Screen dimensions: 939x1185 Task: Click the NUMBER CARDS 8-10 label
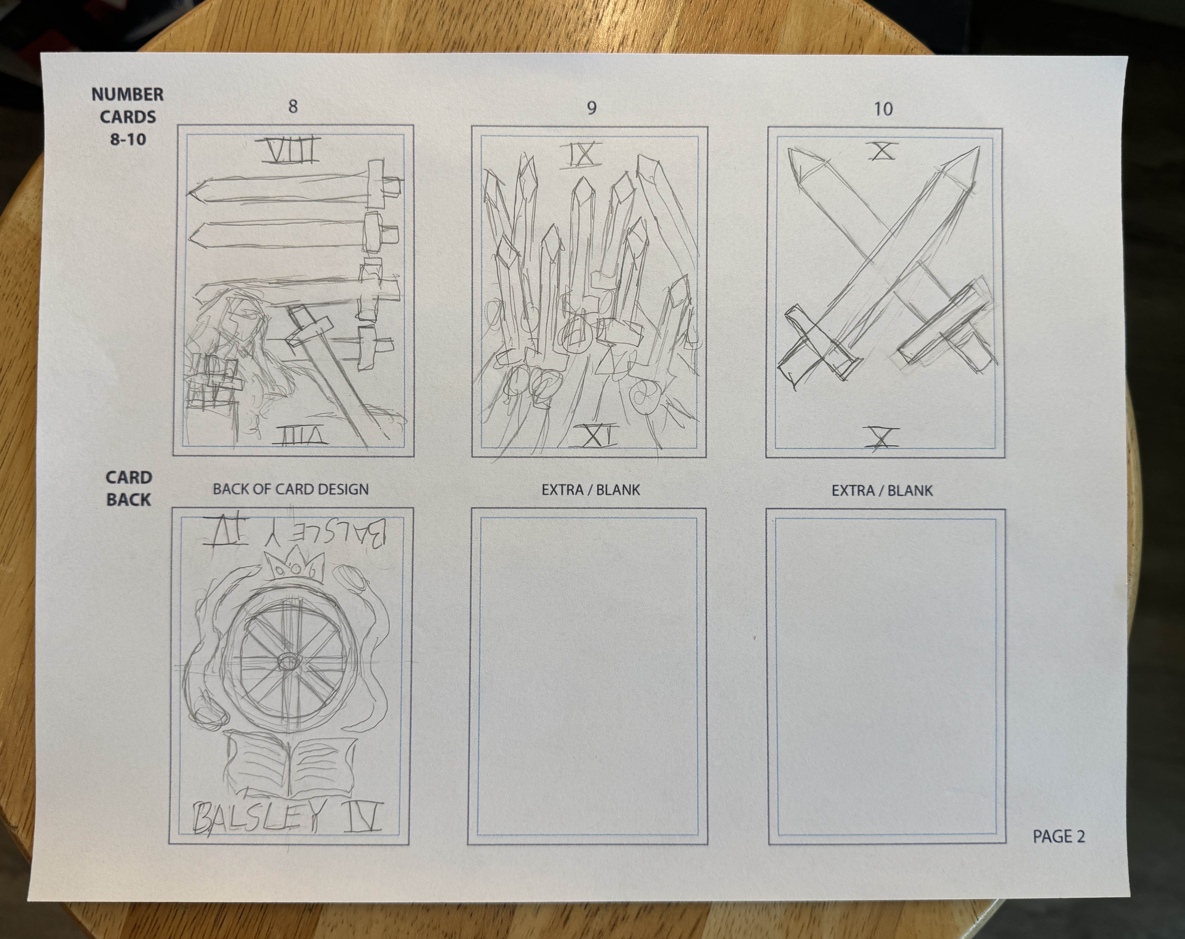point(127,117)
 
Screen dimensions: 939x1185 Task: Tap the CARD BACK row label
point(129,488)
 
